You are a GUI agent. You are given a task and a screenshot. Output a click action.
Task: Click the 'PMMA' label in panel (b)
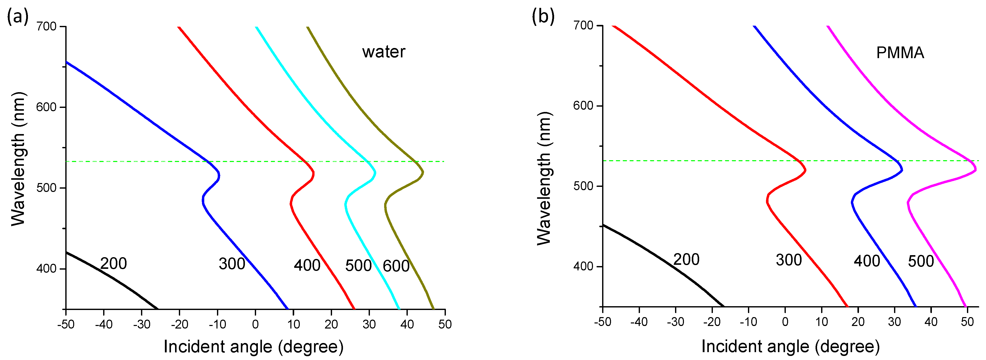[900, 53]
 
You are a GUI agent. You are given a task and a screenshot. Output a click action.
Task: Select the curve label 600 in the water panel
[396, 266]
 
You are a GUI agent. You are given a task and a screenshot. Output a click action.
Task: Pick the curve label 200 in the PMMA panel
[686, 259]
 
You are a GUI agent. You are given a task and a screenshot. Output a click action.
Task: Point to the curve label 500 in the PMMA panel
[921, 261]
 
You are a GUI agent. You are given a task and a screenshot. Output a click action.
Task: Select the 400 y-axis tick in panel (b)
[583, 266]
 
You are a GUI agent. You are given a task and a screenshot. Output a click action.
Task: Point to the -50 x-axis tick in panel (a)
[66, 324]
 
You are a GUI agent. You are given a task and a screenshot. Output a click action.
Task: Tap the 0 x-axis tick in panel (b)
[785, 322]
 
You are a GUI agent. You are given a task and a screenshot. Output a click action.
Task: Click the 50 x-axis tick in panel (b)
[967, 322]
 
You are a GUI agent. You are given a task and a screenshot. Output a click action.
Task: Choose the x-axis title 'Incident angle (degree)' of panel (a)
[253, 347]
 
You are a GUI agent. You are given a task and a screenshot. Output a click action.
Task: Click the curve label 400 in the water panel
[307, 265]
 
